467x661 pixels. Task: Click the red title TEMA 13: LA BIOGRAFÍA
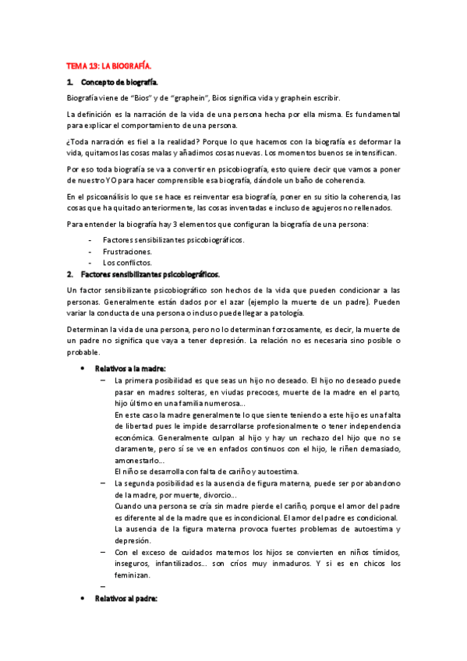107,67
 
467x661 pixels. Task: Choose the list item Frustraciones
127,252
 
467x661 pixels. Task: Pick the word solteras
197,393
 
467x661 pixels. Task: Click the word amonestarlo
138,461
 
